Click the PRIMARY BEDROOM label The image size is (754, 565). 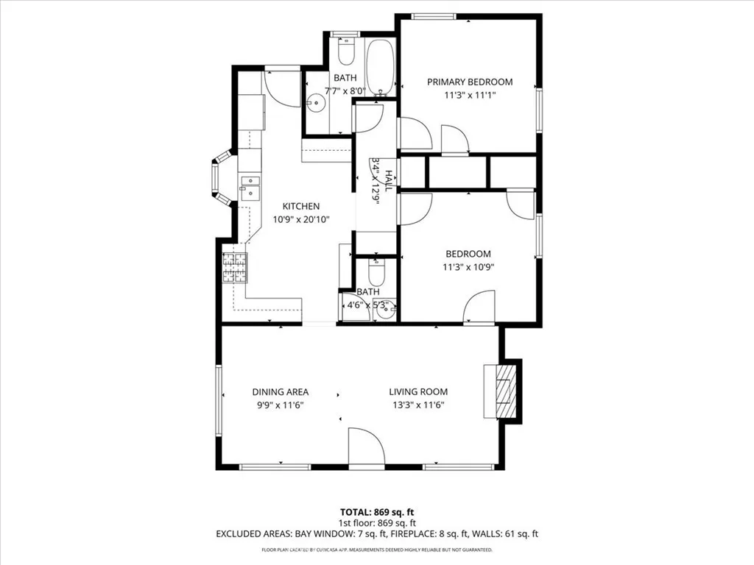click(470, 82)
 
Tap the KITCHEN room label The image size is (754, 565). click(301, 206)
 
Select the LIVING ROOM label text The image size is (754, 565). click(418, 391)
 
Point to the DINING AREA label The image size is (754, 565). click(280, 391)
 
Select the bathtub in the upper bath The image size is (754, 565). click(381, 68)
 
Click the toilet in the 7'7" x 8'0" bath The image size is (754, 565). click(346, 50)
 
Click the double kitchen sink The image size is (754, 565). click(250, 188)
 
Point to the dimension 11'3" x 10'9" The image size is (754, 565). click(468, 267)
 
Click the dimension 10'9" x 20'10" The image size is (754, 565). click(301, 218)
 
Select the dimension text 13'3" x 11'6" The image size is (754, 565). click(418, 405)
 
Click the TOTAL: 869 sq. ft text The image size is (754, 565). click(376, 512)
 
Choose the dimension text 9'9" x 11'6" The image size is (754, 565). click(280, 405)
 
